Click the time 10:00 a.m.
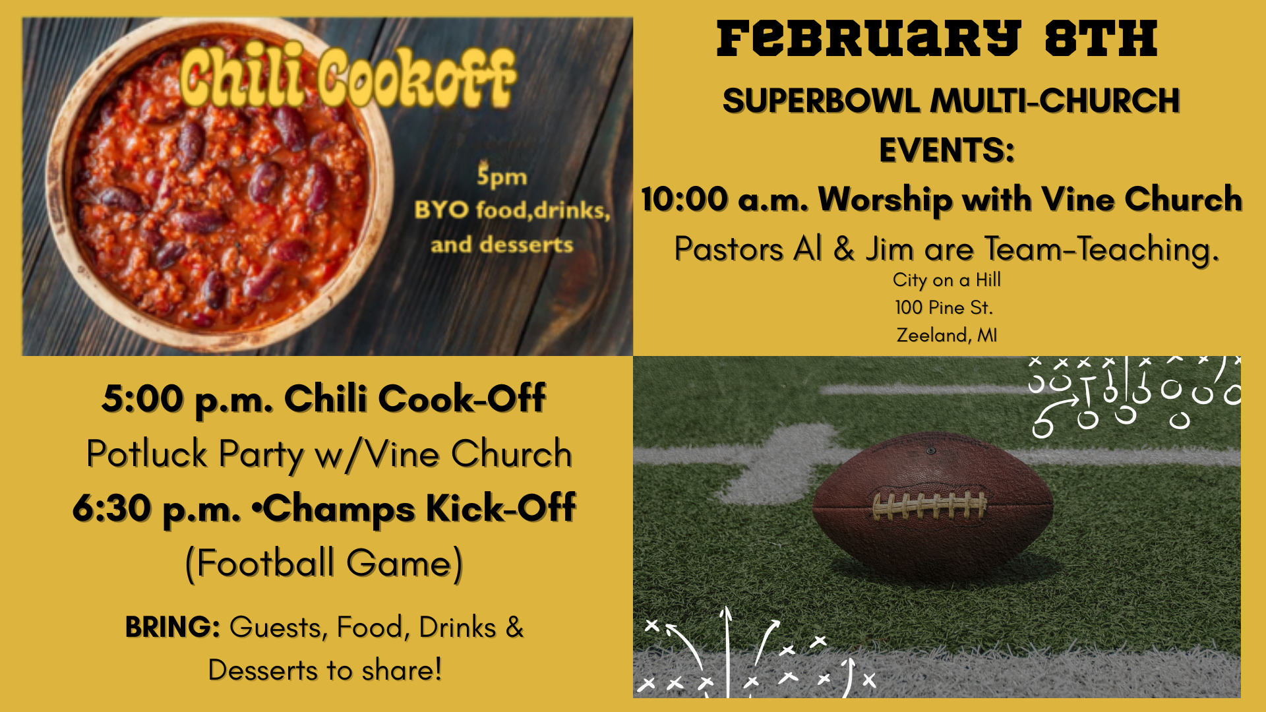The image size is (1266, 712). [x=725, y=199]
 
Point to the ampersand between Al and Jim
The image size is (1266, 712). [x=844, y=249]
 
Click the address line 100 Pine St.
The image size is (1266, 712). [x=944, y=307]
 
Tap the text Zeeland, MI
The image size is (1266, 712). [x=946, y=335]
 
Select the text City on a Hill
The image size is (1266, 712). [x=947, y=280]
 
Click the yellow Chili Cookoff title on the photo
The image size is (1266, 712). [x=347, y=78]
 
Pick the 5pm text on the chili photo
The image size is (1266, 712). [x=502, y=176]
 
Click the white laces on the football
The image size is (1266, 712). [x=930, y=506]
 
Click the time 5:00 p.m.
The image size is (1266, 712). [x=187, y=399]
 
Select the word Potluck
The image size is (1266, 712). [x=147, y=454]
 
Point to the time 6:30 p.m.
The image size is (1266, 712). [x=156, y=509]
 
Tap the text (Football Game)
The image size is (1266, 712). [x=324, y=564]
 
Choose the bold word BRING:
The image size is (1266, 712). [x=173, y=627]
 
